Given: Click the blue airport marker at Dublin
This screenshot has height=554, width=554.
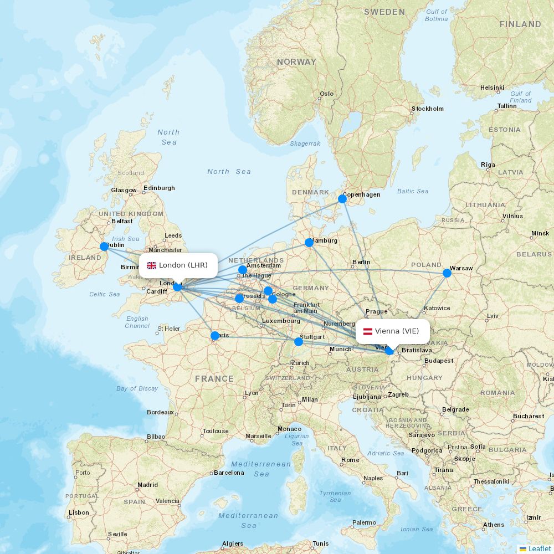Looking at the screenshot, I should coord(104,247).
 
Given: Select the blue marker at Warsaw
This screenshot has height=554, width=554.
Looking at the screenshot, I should coord(447,273).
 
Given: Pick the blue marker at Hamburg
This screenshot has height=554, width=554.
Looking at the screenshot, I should coord(309,243).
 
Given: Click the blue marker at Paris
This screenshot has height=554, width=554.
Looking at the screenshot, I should coord(215,336).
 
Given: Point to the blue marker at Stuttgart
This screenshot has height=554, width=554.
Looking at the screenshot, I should coord(299,342).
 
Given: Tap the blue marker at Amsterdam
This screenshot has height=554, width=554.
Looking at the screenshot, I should coord(243,270).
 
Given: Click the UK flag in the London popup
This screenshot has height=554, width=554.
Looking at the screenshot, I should coord(151,265).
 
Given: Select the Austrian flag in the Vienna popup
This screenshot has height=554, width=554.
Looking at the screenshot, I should coord(367,331).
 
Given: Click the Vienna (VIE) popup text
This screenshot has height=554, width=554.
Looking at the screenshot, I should coord(397,331).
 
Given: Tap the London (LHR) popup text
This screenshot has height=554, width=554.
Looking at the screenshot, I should coord(183,265).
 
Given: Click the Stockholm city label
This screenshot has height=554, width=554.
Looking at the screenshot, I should coord(427,109).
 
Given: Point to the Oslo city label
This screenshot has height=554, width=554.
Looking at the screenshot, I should coord(327,94).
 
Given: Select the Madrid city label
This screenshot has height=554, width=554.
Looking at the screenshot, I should coord(147,485).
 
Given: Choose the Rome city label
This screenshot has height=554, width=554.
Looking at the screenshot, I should coord(350,460).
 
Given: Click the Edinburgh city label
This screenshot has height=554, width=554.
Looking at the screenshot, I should coord(159,188).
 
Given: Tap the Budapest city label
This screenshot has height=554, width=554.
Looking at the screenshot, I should coord(439,361).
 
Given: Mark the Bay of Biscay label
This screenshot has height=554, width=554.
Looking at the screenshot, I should coord(137,388).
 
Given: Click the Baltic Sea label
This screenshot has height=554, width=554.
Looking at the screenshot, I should coord(413,191).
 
